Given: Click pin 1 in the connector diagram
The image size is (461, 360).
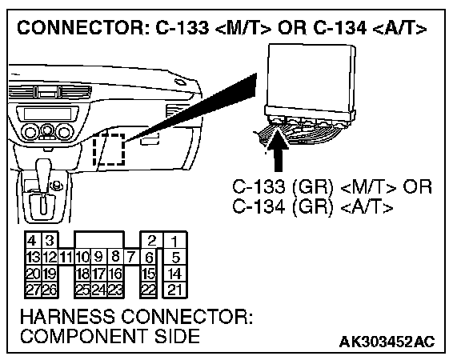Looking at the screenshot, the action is [174, 241].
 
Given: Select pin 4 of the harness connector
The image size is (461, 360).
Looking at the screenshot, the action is [33, 241].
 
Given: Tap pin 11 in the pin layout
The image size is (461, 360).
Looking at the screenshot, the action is [66, 257].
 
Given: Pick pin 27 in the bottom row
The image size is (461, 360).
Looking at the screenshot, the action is [33, 290].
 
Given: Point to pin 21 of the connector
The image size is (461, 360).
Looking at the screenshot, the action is [174, 290].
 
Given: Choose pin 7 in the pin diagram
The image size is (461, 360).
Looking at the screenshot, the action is [131, 257].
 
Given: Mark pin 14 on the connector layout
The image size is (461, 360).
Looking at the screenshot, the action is [174, 274].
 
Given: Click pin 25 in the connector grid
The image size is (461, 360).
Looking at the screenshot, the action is [82, 290].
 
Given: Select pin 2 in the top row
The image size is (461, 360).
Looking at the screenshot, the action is [150, 241].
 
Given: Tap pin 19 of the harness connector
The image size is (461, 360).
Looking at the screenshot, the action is [50, 274].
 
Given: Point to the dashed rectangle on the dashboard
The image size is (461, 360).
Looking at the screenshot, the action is [109, 150].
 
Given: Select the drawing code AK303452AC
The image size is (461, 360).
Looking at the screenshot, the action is [387, 342].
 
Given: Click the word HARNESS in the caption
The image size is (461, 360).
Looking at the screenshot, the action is [67, 317].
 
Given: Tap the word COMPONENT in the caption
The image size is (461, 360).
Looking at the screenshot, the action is [84, 336].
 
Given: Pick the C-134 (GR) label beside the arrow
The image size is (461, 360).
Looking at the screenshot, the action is [283, 206].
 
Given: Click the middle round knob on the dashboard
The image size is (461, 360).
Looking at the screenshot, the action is [46, 130].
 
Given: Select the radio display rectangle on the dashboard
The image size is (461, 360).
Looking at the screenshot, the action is [47, 114].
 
